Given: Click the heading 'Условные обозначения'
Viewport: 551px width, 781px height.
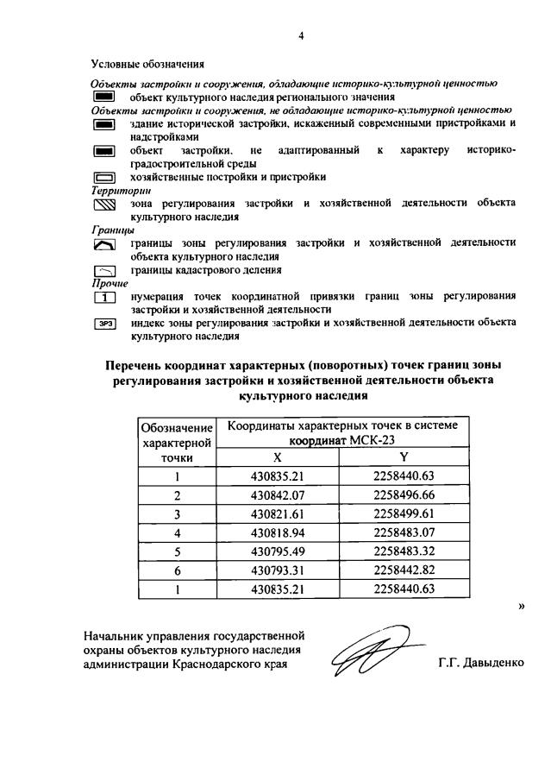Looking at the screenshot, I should tap(148, 63).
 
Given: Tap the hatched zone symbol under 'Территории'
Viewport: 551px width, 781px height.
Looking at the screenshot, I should tap(104, 205).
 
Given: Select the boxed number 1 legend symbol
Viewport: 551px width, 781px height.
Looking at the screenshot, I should tap(104, 299).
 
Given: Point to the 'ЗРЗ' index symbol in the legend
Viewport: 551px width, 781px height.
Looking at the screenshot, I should tap(104, 324).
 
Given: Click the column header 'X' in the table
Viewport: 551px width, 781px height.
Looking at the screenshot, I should tap(277, 457).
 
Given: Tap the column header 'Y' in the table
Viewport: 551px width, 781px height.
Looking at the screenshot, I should tap(404, 457).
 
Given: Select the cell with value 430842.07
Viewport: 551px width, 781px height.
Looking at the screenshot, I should tap(277, 495).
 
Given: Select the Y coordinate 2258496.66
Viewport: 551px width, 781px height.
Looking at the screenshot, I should tap(404, 495).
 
